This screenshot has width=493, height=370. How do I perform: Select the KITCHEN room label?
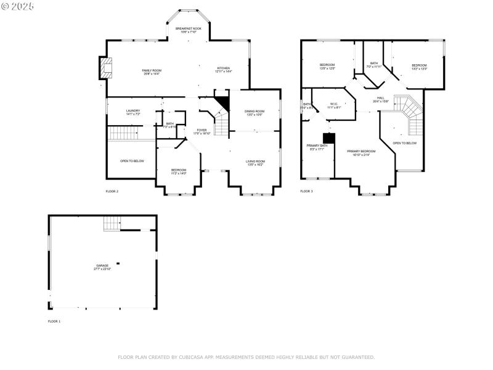[224, 70]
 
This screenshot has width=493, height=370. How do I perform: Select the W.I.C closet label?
[333, 105]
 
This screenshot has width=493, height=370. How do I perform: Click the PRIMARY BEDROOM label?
[361, 152]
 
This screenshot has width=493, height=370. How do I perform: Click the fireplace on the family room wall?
[106, 68]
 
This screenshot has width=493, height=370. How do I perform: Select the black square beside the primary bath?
[329, 138]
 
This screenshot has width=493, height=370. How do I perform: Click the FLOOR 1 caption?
[54, 321]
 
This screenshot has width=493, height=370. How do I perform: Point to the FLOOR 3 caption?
[306, 191]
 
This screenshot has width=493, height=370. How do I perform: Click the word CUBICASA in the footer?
[192, 357]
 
